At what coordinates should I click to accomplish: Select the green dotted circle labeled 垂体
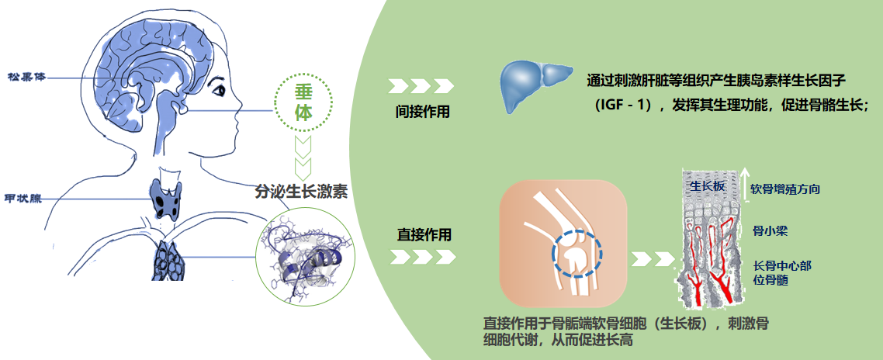pos(304,100)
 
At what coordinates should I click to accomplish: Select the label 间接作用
pos(421,112)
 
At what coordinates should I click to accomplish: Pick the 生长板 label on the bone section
pos(707,186)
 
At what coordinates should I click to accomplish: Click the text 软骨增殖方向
pos(785,189)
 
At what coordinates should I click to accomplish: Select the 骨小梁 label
pos(770,230)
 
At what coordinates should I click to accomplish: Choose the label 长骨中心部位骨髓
pos(782,274)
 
